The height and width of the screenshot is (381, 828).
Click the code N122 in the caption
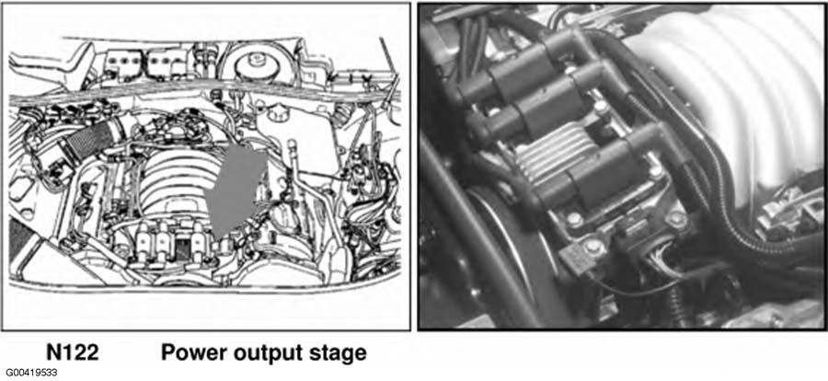click(73, 352)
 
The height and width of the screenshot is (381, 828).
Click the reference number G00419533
click(31, 373)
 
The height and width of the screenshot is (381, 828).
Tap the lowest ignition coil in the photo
click(607, 169)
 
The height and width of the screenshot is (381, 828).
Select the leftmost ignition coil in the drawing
click(143, 242)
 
